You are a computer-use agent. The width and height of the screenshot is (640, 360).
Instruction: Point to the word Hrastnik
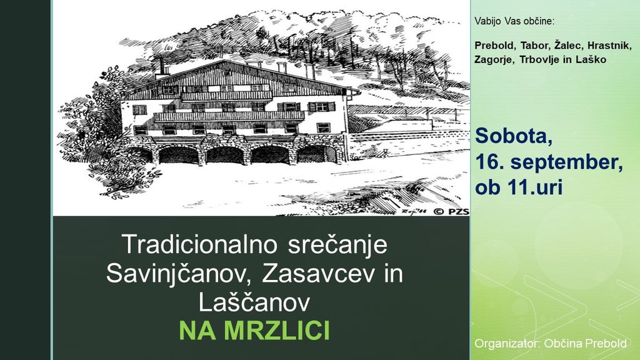click(x=609, y=45)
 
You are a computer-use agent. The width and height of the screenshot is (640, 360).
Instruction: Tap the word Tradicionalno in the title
click(x=199, y=244)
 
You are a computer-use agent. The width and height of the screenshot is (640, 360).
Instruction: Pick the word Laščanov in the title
click(x=254, y=302)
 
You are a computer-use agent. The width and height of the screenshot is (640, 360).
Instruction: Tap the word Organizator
click(x=507, y=343)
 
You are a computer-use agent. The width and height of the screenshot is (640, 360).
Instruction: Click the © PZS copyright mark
click(x=451, y=211)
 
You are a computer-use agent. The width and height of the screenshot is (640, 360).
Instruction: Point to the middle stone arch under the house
click(x=224, y=155)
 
